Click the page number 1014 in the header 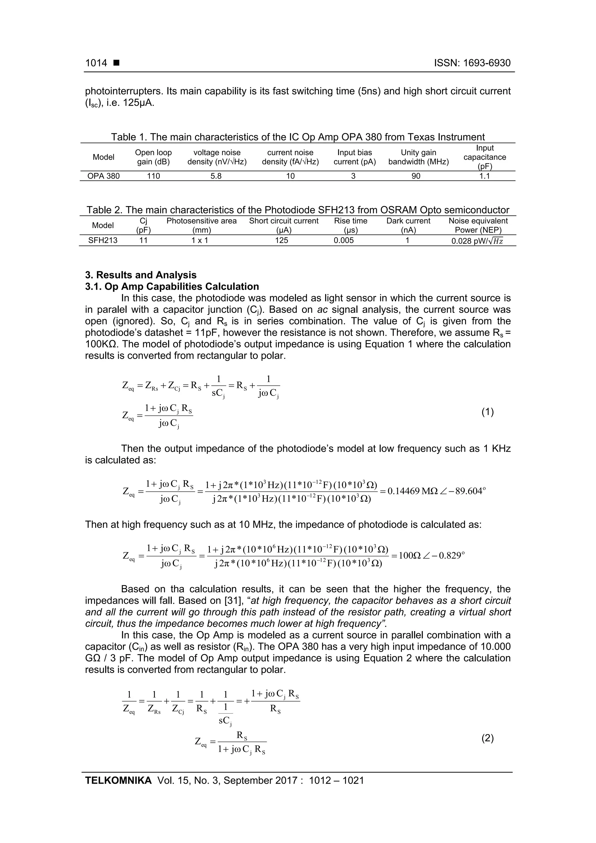[x=96, y=63]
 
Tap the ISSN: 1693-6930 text [x=472, y=63]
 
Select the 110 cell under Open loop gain [x=153, y=176]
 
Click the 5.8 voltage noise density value [x=216, y=176]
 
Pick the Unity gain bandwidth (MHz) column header [x=418, y=157]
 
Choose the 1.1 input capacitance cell [x=485, y=176]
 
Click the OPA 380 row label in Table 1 [x=104, y=176]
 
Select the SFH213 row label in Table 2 [x=103, y=240]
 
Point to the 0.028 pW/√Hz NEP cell [x=477, y=241]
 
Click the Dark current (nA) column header [x=408, y=225]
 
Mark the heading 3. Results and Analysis [x=141, y=275]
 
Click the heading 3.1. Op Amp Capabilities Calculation [x=172, y=287]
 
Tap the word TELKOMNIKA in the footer [x=118, y=781]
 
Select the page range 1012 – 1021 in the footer [x=336, y=781]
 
